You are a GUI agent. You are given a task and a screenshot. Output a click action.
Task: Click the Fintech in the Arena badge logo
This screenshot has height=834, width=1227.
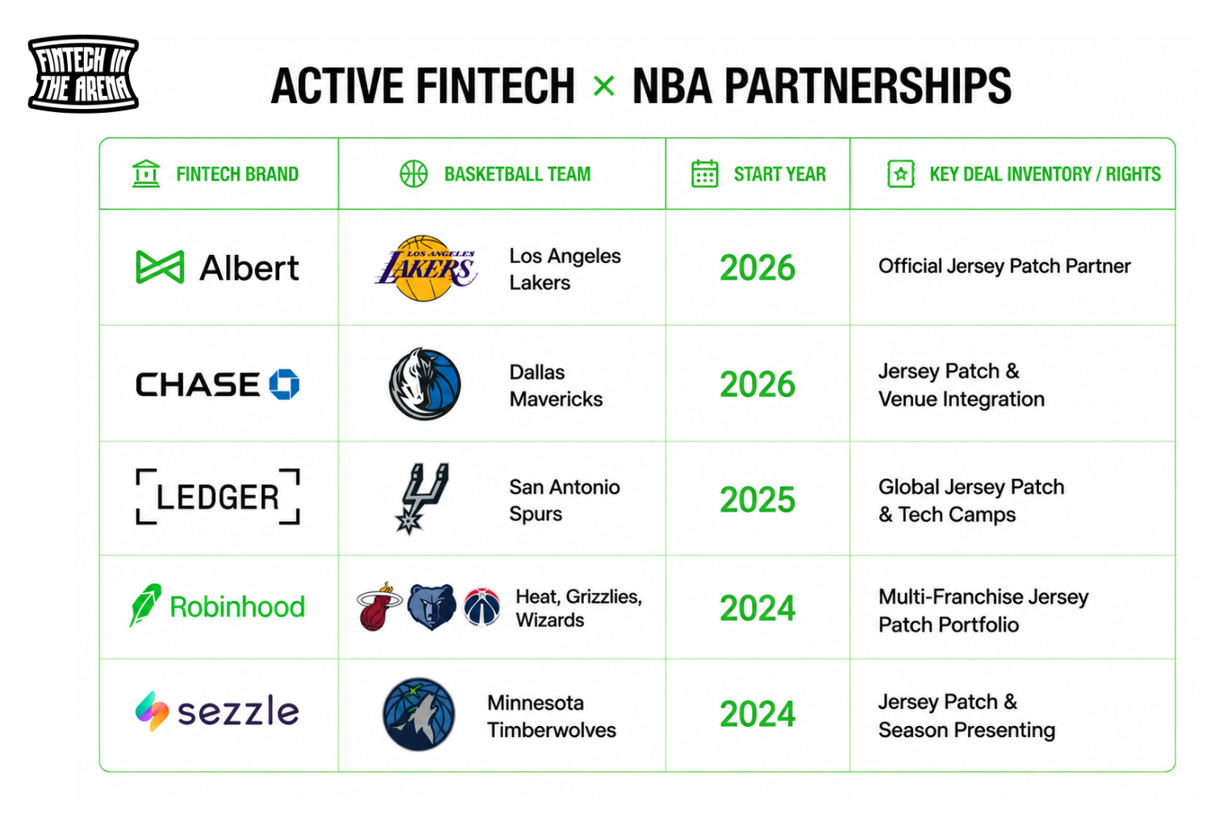pyautogui.click(x=83, y=73)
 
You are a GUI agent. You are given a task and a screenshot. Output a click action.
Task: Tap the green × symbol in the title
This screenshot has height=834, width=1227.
pyautogui.click(x=603, y=86)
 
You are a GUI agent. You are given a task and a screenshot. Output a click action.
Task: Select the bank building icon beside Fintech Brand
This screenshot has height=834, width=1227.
pyautogui.click(x=146, y=173)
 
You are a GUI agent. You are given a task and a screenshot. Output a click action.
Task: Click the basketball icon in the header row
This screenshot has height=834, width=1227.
pyautogui.click(x=414, y=173)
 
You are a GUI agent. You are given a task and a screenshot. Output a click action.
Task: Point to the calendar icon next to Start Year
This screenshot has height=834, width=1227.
pyautogui.click(x=704, y=173)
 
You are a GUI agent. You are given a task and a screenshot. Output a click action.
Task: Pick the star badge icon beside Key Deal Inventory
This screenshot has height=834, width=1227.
pyautogui.click(x=900, y=173)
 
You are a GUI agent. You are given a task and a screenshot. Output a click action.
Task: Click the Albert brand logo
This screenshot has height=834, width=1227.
pyautogui.click(x=217, y=267)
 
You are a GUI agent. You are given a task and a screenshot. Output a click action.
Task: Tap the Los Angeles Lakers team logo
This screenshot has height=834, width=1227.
pyautogui.click(x=426, y=269)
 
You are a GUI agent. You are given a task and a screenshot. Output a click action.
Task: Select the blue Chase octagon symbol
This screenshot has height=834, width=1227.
pyautogui.click(x=284, y=384)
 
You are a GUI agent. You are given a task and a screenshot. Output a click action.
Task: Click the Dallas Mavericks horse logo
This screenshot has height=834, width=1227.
pyautogui.click(x=424, y=384)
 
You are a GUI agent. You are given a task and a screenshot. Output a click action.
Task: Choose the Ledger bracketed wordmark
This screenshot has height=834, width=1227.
pyautogui.click(x=218, y=497)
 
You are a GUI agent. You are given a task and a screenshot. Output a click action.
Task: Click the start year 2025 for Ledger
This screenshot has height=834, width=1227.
pyautogui.click(x=757, y=499)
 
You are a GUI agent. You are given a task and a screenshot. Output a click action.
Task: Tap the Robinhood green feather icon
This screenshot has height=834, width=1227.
pyautogui.click(x=145, y=605)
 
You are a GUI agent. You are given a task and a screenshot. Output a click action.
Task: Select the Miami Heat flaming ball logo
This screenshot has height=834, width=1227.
pyautogui.click(x=378, y=607)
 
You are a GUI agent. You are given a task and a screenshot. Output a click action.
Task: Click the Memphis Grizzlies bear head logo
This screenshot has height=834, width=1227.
pyautogui.click(x=431, y=607)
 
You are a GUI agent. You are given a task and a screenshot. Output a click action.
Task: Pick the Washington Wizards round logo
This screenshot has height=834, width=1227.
pyautogui.click(x=482, y=607)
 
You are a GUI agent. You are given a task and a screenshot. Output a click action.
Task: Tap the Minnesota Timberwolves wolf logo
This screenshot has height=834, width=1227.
pyautogui.click(x=419, y=714)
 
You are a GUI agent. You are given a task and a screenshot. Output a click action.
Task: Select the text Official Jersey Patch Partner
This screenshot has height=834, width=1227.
pyautogui.click(x=1004, y=266)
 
